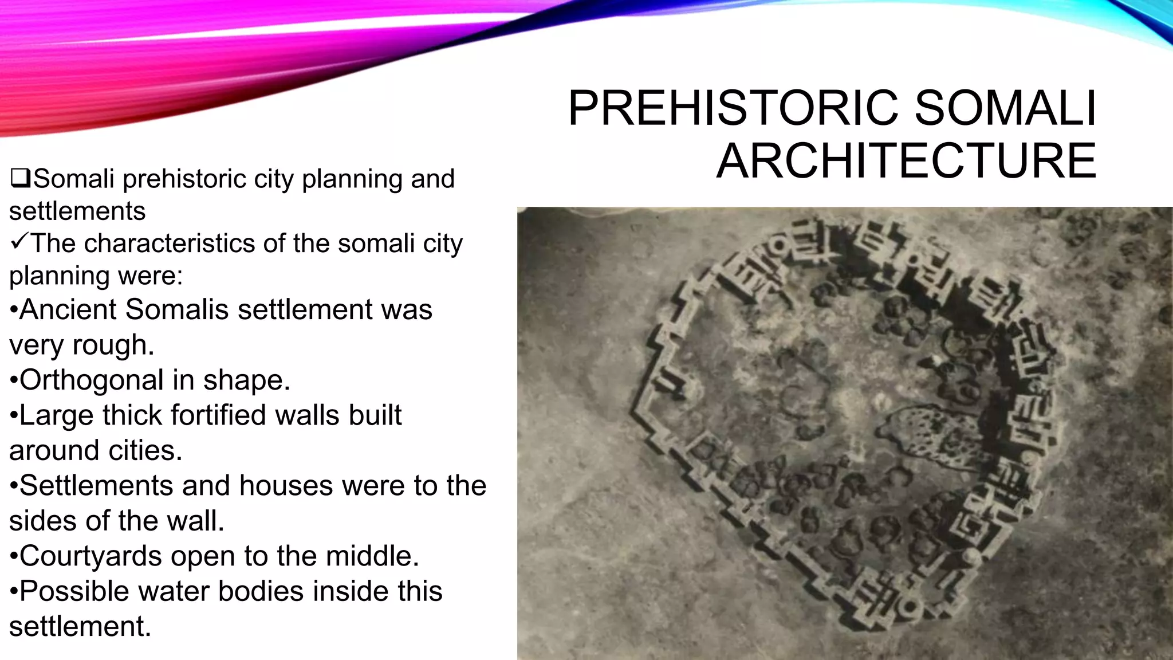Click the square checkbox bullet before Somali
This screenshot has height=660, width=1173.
tap(20, 179)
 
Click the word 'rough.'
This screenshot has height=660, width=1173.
tap(113, 345)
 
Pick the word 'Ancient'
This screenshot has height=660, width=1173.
tap(68, 310)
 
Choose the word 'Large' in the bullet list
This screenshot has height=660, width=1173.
tap(56, 416)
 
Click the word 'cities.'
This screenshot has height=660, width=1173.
tap(145, 451)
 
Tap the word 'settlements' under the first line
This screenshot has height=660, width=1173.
tap(77, 211)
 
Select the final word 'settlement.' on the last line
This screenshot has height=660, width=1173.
tap(80, 626)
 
